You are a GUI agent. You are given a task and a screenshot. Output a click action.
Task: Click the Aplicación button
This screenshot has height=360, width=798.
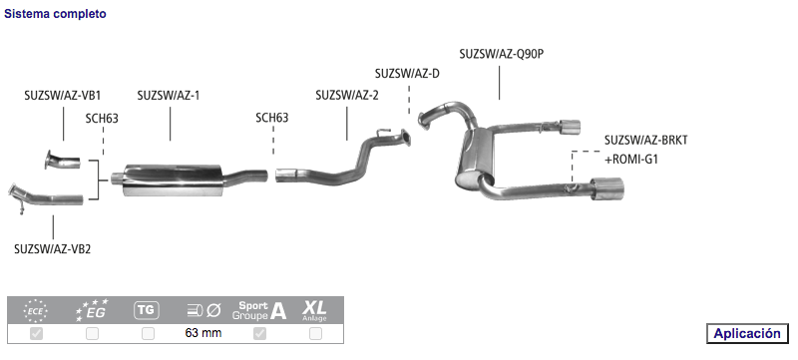(746, 333)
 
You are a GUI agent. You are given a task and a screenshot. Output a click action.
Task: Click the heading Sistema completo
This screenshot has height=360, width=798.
(55, 14)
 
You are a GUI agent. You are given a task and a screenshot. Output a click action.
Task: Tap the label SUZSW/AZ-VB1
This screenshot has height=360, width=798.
(63, 95)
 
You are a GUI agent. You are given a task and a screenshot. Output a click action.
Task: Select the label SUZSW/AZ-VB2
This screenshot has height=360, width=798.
(53, 249)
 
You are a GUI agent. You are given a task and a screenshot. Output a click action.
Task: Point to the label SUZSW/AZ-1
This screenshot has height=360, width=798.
(169, 95)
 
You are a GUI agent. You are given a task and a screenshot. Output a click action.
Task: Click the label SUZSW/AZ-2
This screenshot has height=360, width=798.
(347, 95)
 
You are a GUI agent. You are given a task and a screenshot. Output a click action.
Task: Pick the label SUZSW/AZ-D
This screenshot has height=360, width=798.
(407, 73)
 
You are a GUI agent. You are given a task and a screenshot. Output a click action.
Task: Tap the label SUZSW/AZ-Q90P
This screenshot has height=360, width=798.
(502, 54)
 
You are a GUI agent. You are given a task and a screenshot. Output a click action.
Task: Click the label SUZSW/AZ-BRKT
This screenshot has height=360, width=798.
(645, 140)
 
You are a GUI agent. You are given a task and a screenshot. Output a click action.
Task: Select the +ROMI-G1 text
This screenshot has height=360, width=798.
(631, 160)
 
